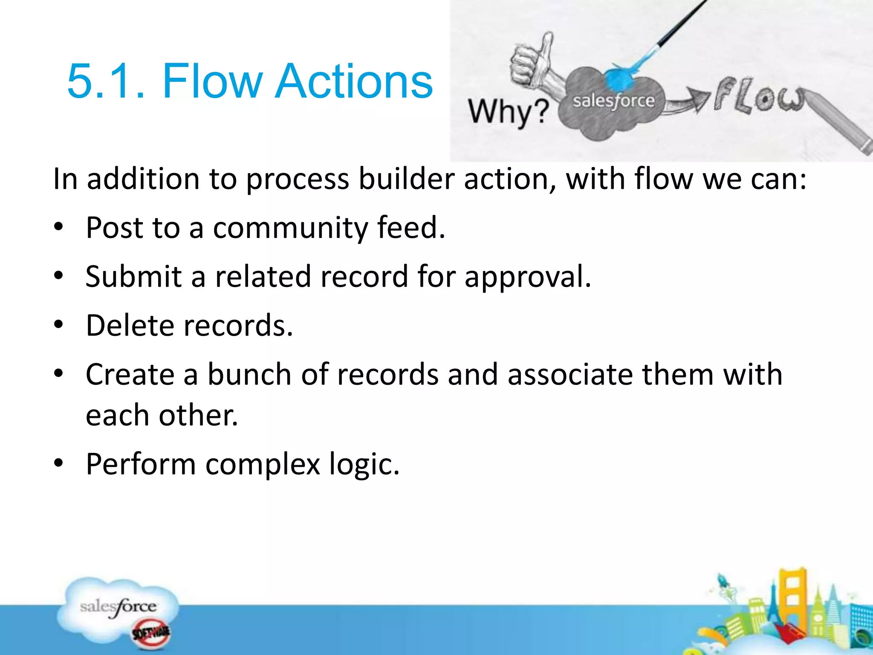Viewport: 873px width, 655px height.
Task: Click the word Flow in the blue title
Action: pyautogui.click(x=212, y=81)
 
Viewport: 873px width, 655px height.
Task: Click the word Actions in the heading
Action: pyautogui.click(x=354, y=81)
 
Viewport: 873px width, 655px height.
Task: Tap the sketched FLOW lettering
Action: pyautogui.click(x=759, y=96)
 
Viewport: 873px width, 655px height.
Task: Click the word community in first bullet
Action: pyautogui.click(x=290, y=228)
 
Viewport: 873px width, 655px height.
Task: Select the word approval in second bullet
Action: pyautogui.click(x=527, y=277)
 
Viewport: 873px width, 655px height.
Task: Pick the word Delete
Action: pyautogui.click(x=130, y=326)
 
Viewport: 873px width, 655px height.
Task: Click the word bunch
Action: pyautogui.click(x=249, y=374)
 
